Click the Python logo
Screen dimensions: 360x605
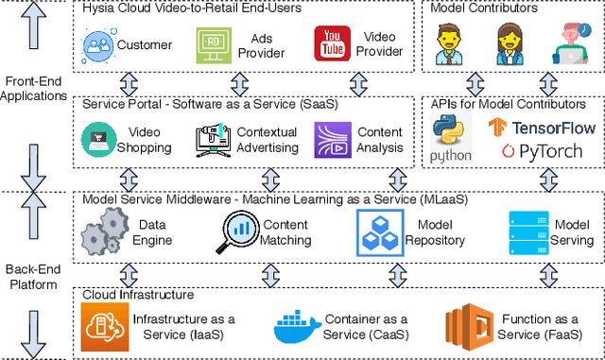click(x=451, y=139)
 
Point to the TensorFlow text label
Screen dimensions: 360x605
click(x=541, y=126)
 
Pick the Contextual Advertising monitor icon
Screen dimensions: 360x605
click(x=212, y=141)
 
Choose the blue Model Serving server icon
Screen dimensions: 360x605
click(x=529, y=231)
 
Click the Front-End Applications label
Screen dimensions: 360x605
click(x=34, y=88)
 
